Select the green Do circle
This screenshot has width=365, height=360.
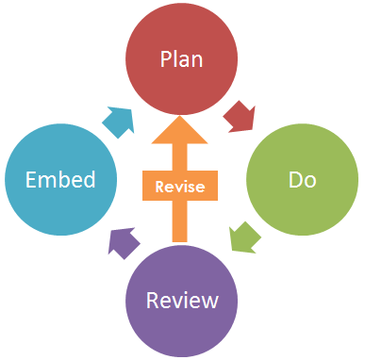tap(302, 177)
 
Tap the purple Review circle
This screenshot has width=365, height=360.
tap(181, 300)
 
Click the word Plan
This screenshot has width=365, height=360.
tap(181, 57)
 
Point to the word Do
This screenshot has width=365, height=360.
tap(302, 178)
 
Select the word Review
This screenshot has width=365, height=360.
tap(181, 301)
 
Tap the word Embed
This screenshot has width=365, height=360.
tap(59, 178)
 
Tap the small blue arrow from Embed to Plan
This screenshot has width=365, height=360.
tap(119, 120)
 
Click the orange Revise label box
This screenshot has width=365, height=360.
tap(181, 187)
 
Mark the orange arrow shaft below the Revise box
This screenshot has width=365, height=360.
tap(181, 221)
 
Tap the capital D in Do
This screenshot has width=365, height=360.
tap(292, 178)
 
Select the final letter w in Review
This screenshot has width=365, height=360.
tap(210, 302)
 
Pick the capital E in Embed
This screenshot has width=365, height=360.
tap(30, 178)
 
